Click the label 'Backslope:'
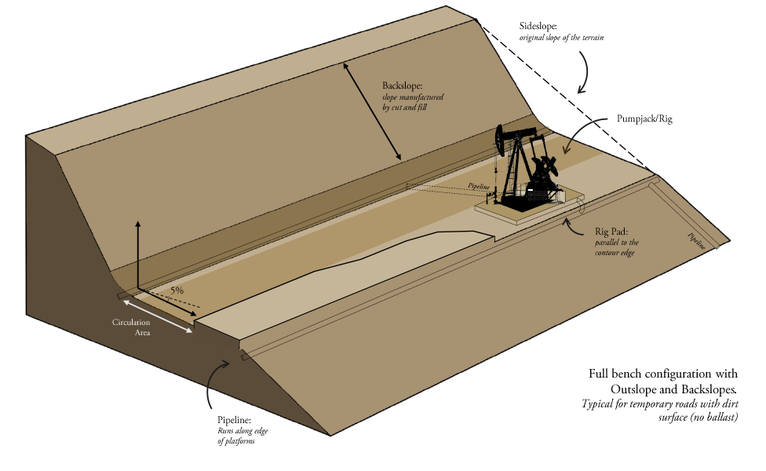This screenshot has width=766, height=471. coord(403,86)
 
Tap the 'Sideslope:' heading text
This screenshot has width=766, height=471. coord(538,27)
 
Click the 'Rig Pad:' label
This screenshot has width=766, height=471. coord(612,232)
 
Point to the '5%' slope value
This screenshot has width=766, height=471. coord(177,290)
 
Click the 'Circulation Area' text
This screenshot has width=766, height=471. coord(131,327)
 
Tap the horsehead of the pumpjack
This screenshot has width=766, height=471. coord(500,141)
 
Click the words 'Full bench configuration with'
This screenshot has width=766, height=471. coord(662,374)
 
